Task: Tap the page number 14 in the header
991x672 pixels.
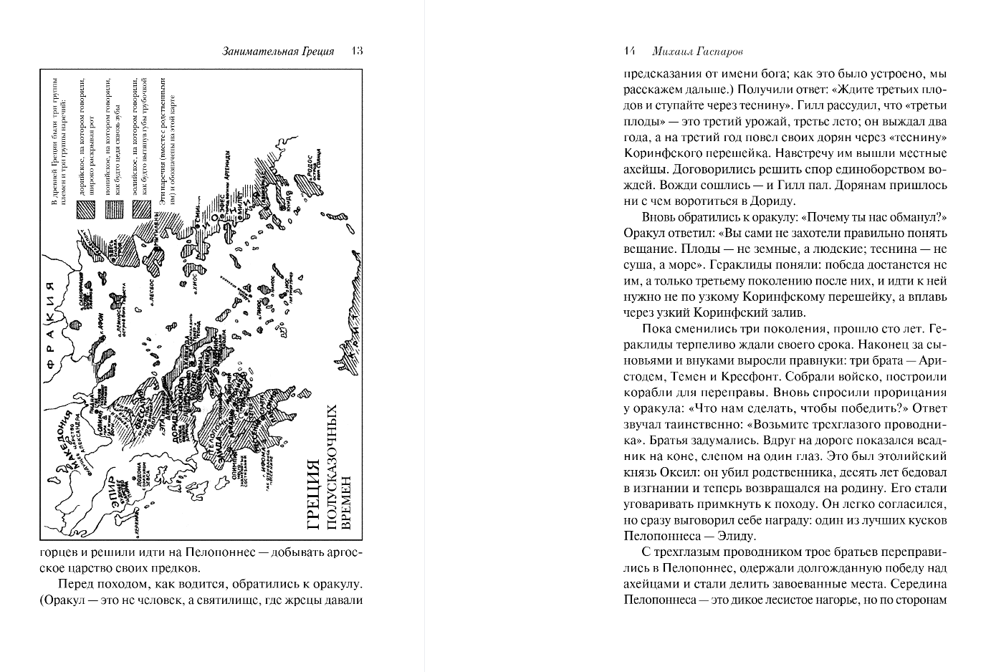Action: (630, 52)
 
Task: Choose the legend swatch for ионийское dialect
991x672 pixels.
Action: (113, 208)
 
